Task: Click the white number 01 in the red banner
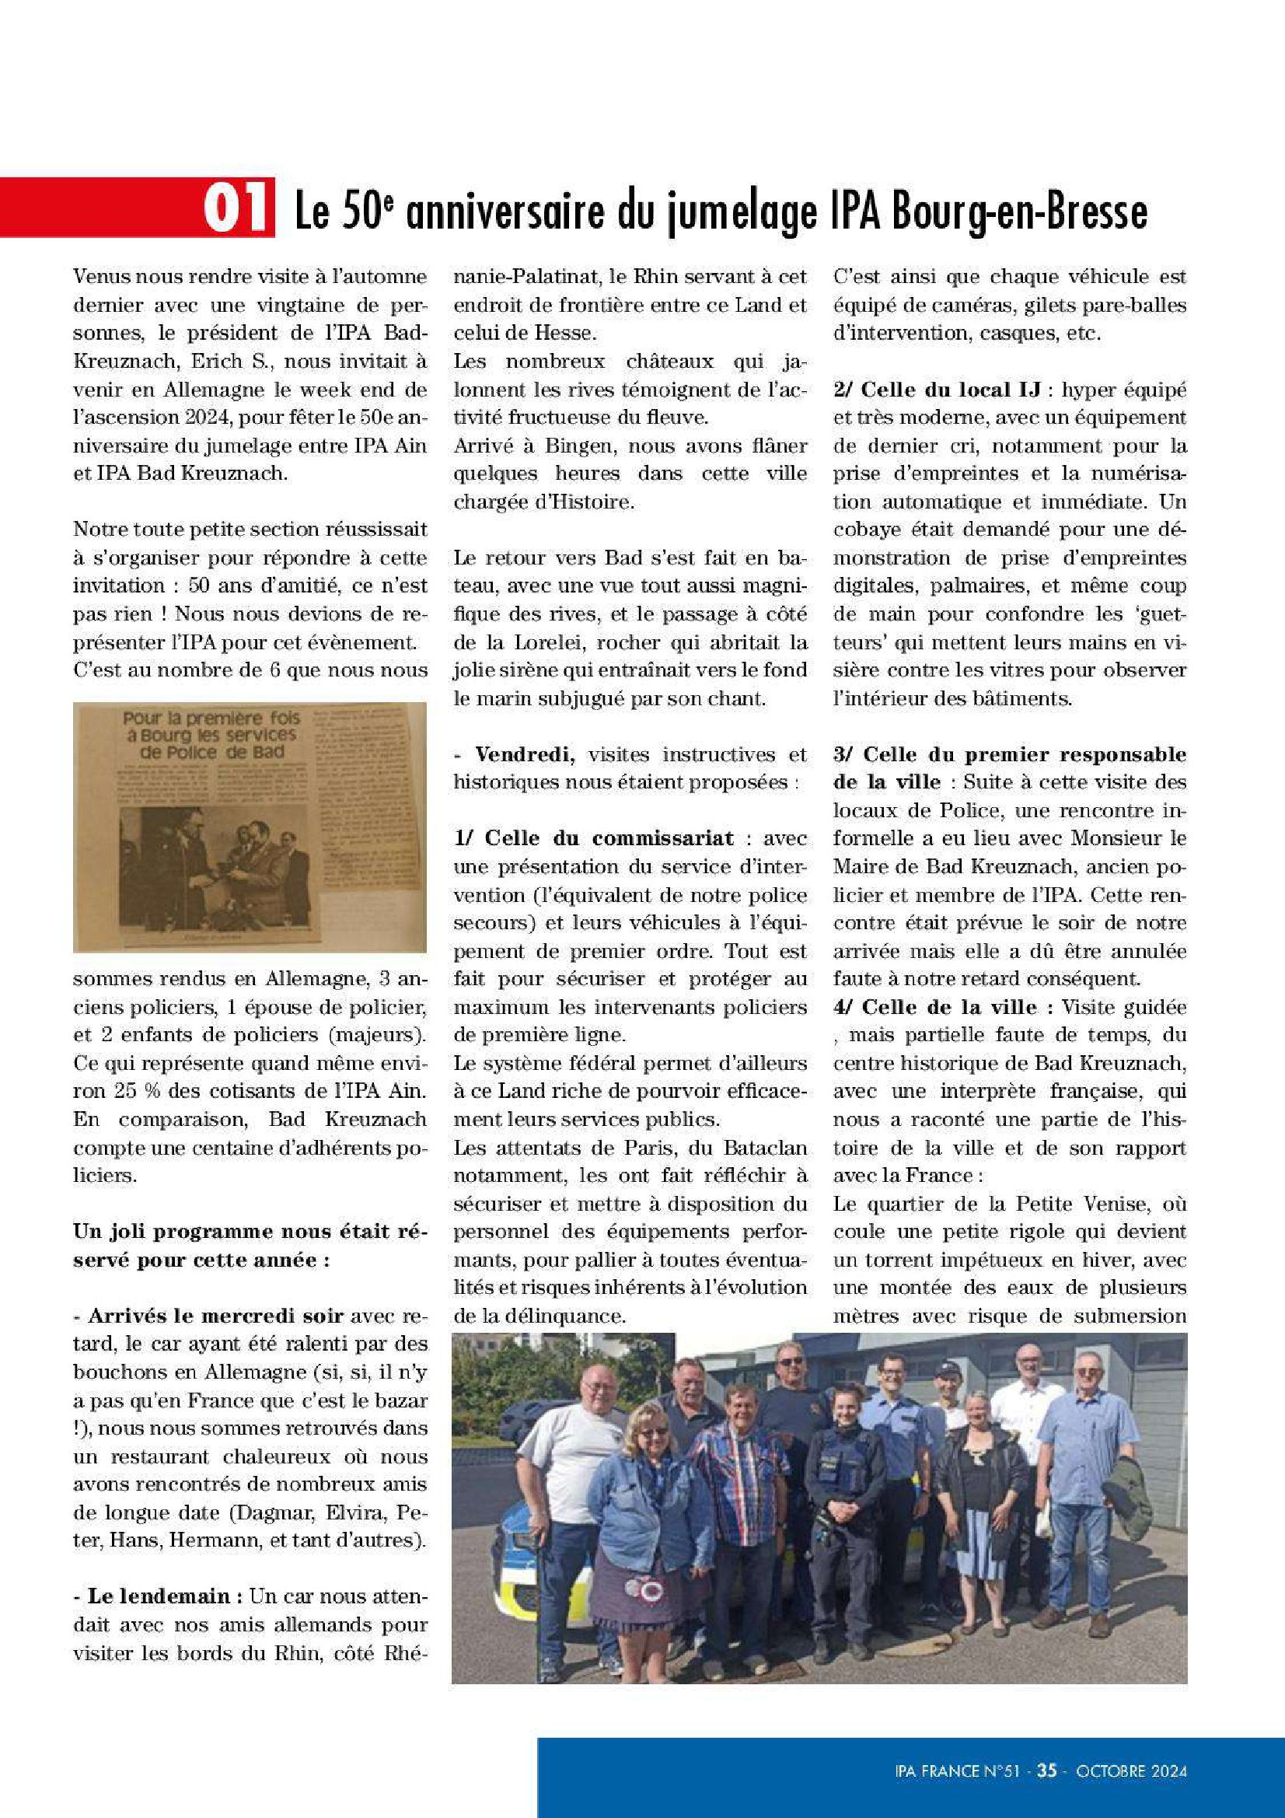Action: point(235,209)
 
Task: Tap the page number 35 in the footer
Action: point(1046,1770)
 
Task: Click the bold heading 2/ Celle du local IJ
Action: point(937,390)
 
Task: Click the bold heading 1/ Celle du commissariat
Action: point(593,838)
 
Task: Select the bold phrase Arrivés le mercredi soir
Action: point(215,1316)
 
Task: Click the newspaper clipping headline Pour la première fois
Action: point(211,718)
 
